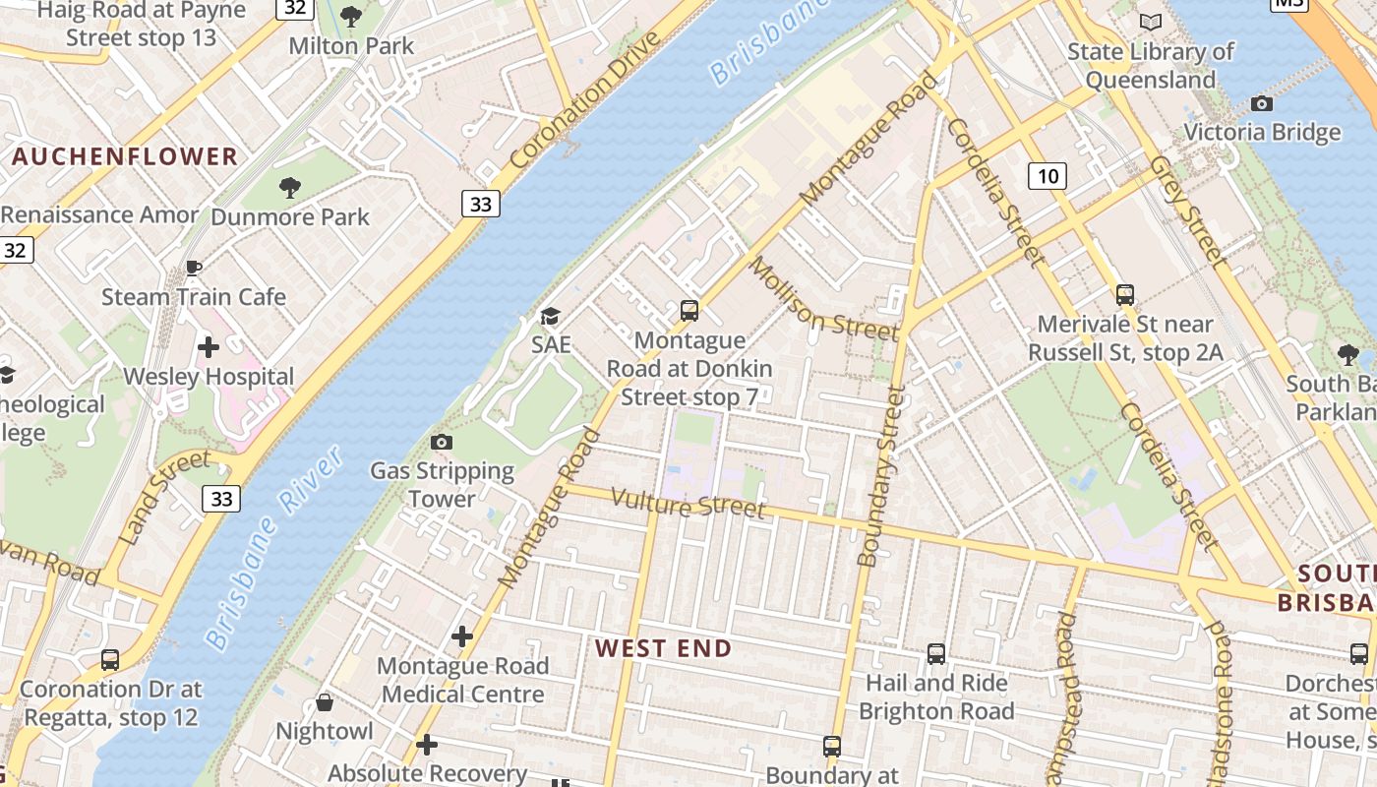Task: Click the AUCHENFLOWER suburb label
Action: tap(125, 156)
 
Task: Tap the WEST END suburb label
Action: tap(663, 648)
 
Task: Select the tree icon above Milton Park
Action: tap(350, 17)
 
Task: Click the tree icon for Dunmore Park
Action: tap(289, 187)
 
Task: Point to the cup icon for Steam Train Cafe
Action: tap(194, 268)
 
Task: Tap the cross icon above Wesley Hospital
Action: tap(208, 347)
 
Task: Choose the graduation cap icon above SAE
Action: tap(550, 316)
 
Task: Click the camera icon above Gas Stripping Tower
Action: tap(442, 443)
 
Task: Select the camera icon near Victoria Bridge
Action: tap(1261, 103)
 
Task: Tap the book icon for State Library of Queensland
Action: tap(1150, 22)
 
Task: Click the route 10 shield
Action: tap(1048, 176)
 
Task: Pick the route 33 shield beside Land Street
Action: tap(221, 499)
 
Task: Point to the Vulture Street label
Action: tap(688, 503)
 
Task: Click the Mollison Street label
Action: tap(823, 299)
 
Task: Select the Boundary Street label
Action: tap(880, 476)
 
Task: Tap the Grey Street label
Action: tap(1188, 212)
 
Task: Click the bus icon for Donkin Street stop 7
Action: tap(689, 311)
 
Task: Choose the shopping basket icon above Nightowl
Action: tap(324, 702)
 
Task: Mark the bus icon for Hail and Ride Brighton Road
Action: tap(936, 653)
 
